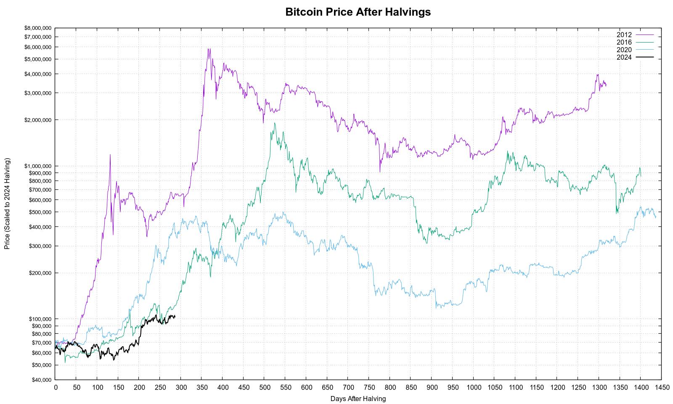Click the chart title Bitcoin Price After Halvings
click(358, 12)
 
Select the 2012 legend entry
click(635, 35)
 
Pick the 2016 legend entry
click(635, 43)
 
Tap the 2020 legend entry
click(635, 50)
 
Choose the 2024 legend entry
click(635, 57)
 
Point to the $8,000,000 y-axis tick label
click(38, 28)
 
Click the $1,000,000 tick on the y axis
click(38, 166)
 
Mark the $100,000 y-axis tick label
click(40, 319)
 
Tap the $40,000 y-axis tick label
click(42, 380)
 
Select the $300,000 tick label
click(40, 246)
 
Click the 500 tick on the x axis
click(265, 388)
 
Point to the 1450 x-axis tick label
click(662, 388)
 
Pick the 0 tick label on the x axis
click(56, 388)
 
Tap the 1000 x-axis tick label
click(474, 388)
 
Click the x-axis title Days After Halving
click(358, 399)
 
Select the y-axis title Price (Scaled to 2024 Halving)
click(7, 204)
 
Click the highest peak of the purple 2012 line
click(209, 49)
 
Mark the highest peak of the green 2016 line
click(274, 123)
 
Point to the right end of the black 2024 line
click(175, 316)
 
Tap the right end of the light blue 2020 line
click(656, 217)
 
